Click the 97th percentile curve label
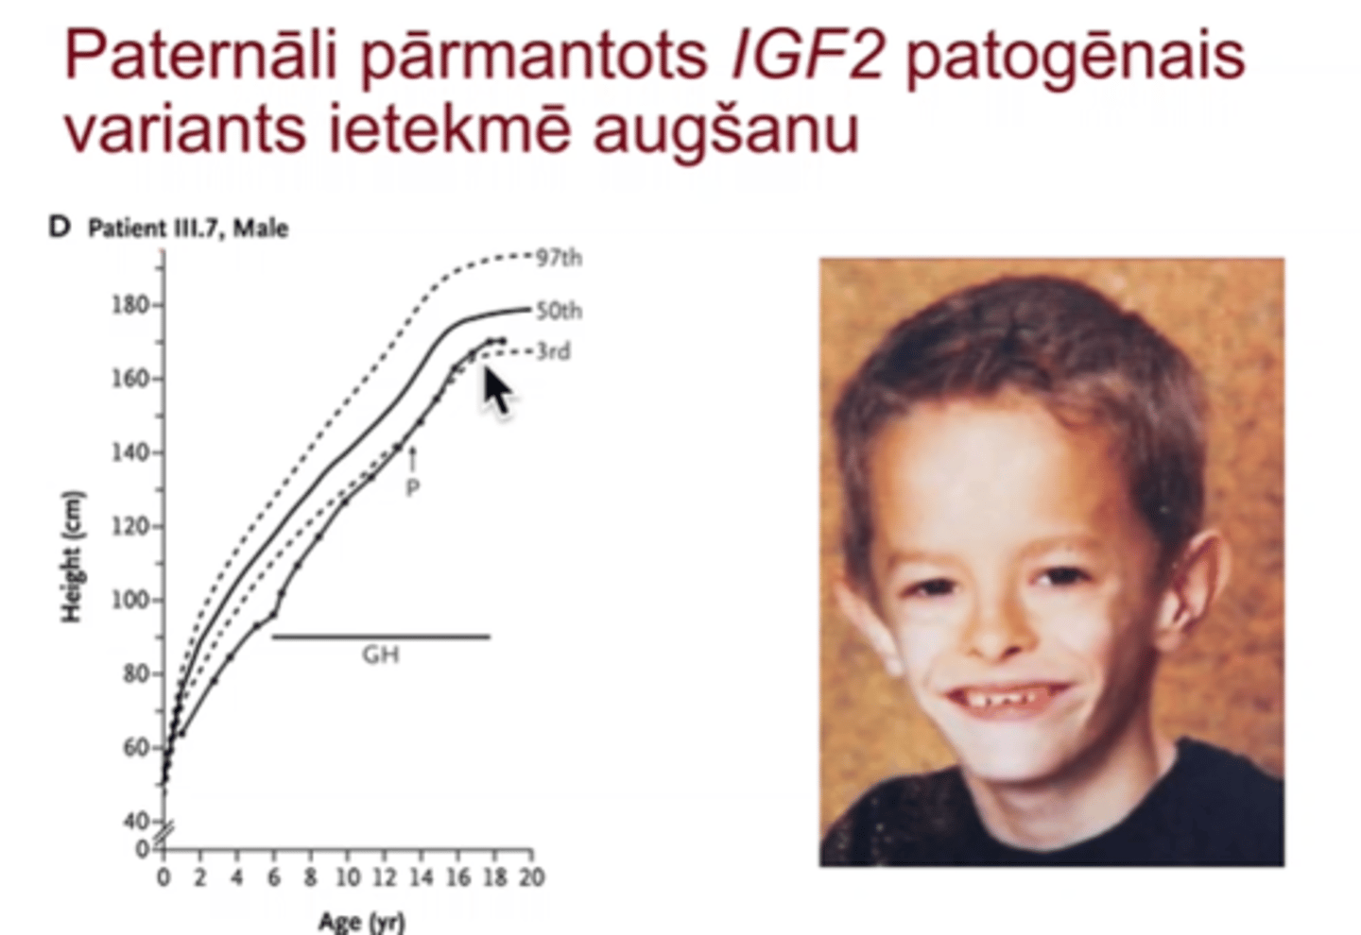click(x=559, y=259)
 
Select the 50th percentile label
click(x=559, y=311)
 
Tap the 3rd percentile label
click(x=554, y=351)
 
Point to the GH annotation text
click(x=381, y=655)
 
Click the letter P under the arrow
click(x=412, y=488)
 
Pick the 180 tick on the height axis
click(x=130, y=305)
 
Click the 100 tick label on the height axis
click(x=130, y=601)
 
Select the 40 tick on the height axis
click(x=137, y=822)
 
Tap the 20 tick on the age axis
click(x=531, y=877)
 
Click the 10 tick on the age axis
click(x=348, y=877)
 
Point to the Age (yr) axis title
click(x=361, y=922)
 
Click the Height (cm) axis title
click(x=72, y=557)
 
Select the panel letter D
click(x=60, y=228)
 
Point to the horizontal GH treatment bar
click(x=382, y=637)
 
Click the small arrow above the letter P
click(x=412, y=458)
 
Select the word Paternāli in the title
click(x=200, y=55)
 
